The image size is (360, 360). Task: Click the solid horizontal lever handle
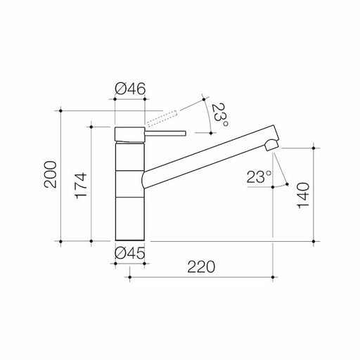coord(166,133)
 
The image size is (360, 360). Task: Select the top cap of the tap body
coord(129,134)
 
